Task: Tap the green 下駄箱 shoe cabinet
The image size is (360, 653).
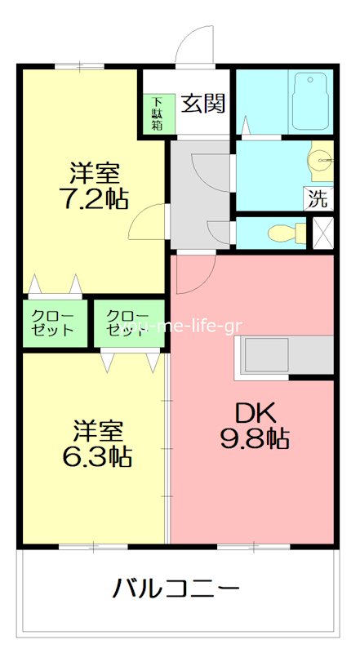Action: [157, 114]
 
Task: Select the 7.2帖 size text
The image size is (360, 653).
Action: [95, 198]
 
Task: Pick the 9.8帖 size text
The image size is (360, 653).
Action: [254, 439]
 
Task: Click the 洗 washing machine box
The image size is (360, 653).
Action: [318, 198]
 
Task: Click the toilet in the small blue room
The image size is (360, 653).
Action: [282, 233]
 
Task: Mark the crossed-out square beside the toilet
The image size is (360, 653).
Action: [323, 232]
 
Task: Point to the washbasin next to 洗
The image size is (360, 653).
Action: [322, 162]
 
